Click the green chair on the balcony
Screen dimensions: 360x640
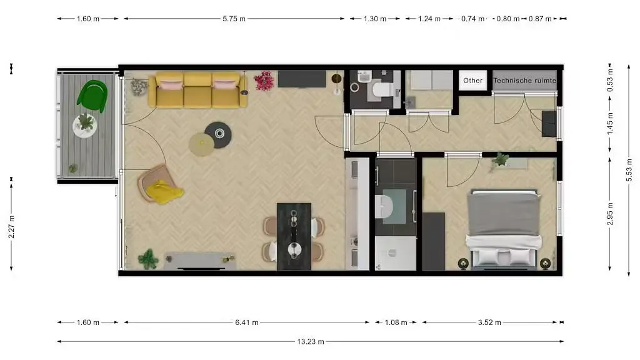pos(92,96)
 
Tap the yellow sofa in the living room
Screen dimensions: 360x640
pos(197,91)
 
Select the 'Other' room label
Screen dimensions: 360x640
pos(473,80)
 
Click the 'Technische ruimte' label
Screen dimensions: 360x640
pos(524,80)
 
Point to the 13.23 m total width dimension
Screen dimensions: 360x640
pos(310,341)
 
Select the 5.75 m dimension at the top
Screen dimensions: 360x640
pos(234,19)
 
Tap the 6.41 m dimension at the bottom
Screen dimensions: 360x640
pos(247,322)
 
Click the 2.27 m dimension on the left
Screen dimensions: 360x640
pos(11,223)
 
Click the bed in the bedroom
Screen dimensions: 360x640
pos(504,229)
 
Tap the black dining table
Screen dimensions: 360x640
pos(294,236)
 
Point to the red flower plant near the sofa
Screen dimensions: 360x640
pos(264,81)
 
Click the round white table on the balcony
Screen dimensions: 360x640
pos(85,124)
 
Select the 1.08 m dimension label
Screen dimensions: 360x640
pos(396,322)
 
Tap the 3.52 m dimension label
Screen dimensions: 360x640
pos(490,322)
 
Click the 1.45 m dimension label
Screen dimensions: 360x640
pos(611,123)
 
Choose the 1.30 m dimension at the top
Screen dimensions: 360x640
pos(375,19)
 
